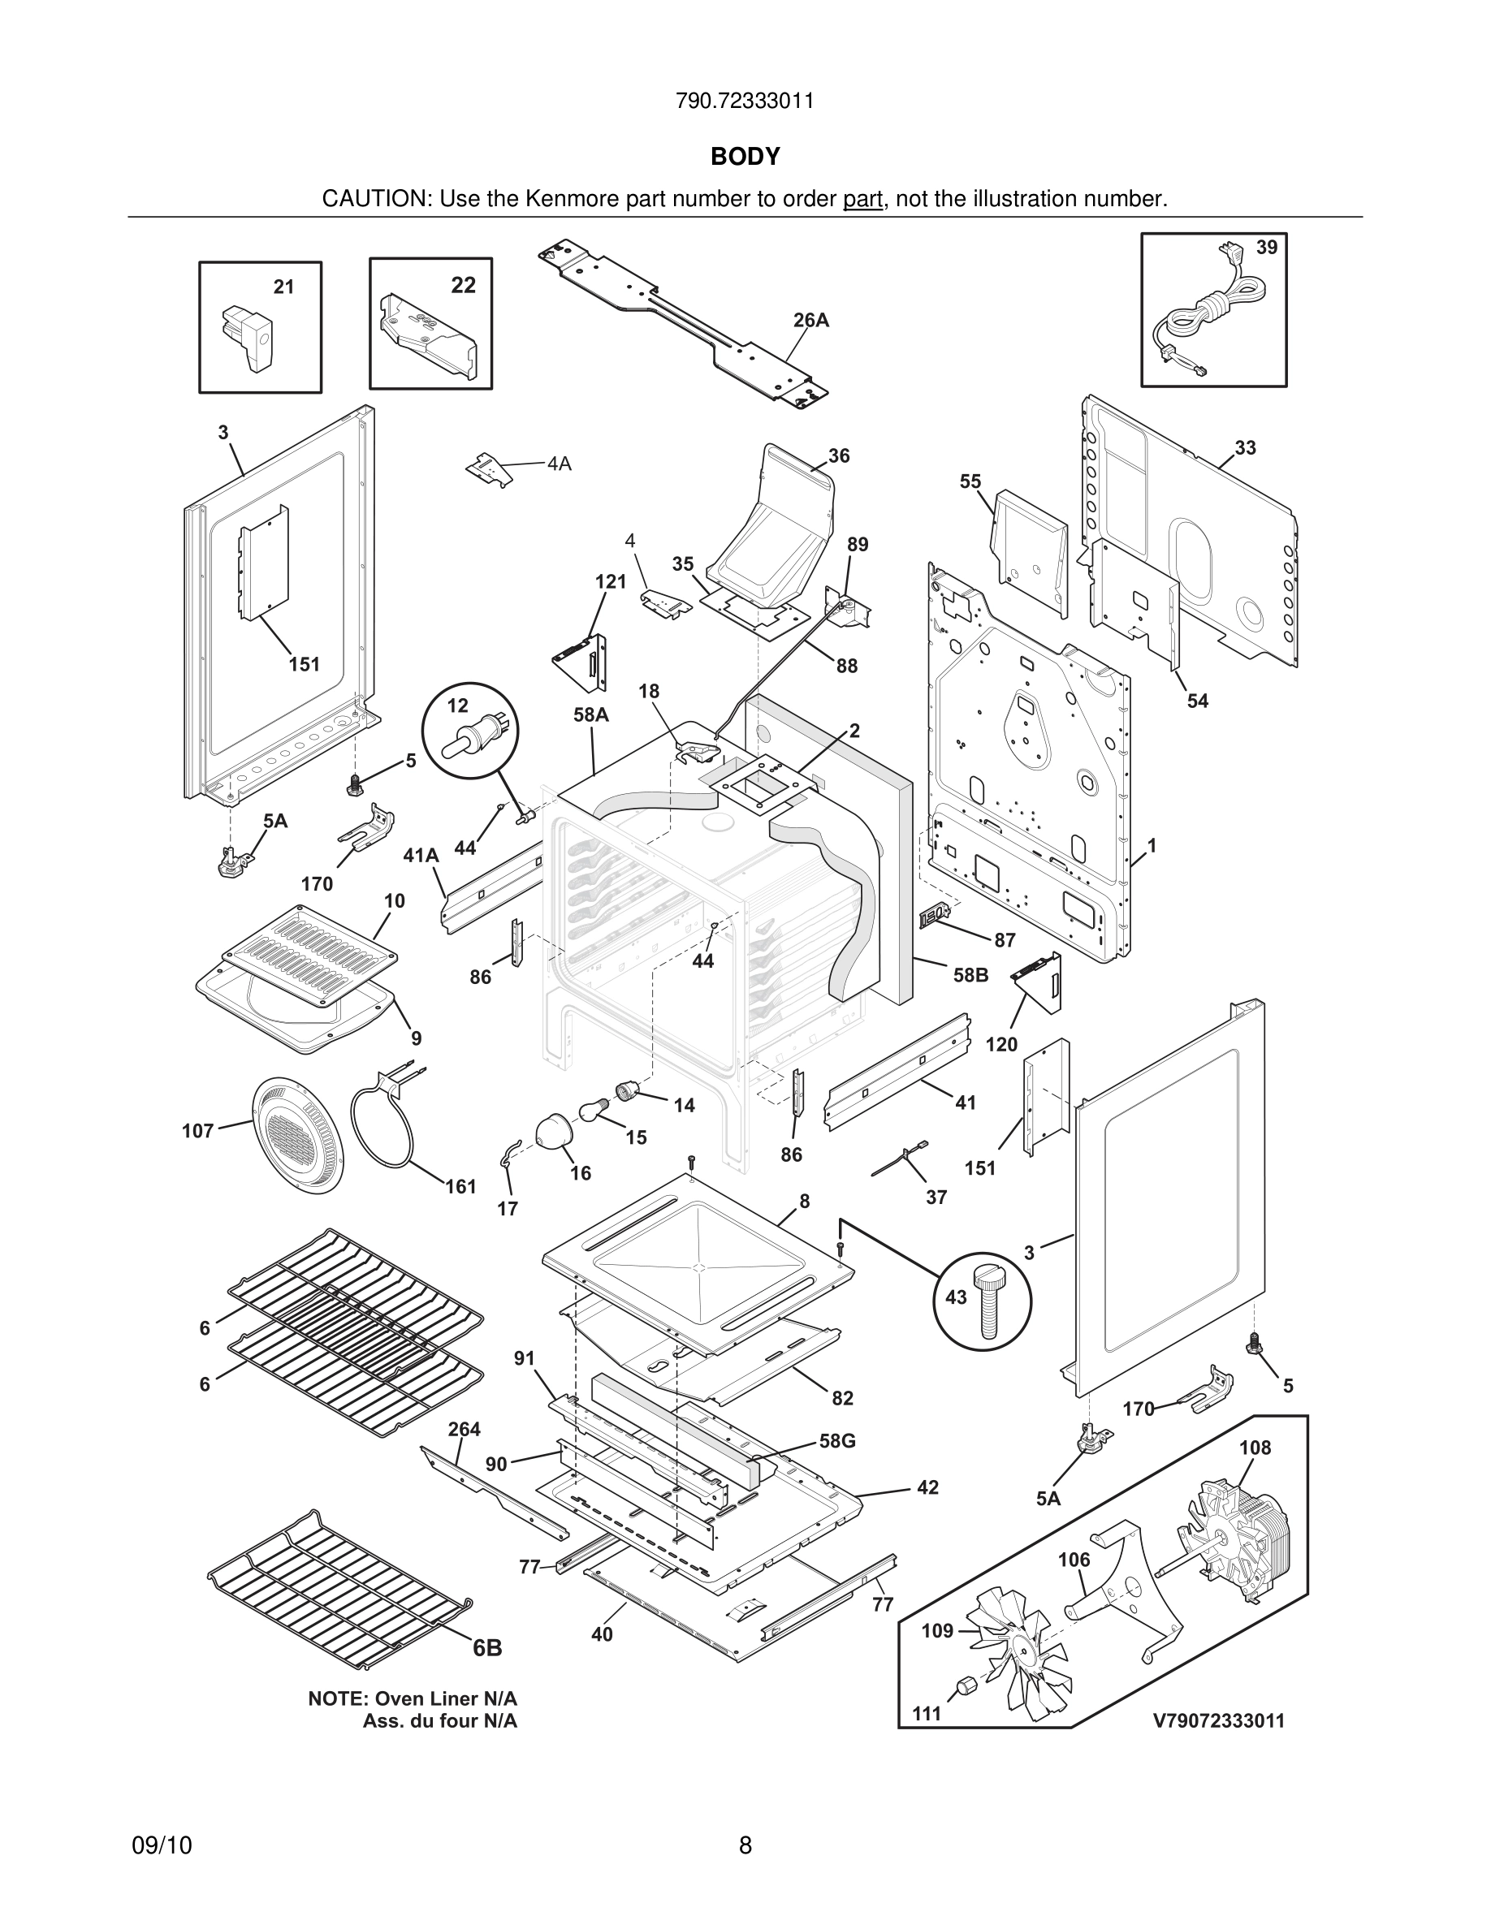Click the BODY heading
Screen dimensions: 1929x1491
[x=745, y=157]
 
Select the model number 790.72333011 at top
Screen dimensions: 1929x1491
[x=745, y=101]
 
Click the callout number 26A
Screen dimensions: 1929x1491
[x=810, y=320]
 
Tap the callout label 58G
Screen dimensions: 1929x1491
[x=836, y=1440]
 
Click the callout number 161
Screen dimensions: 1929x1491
[x=460, y=1186]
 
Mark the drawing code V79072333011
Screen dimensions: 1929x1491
[x=1218, y=1720]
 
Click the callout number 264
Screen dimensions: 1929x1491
[x=464, y=1429]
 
